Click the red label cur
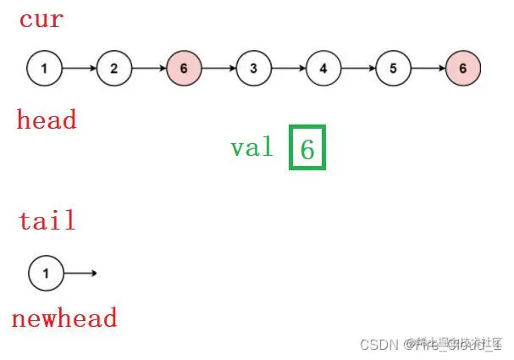click(x=41, y=19)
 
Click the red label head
click(x=47, y=120)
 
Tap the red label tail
click(x=47, y=221)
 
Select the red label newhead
click(x=64, y=318)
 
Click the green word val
click(x=252, y=148)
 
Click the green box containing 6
click(x=307, y=148)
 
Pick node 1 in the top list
click(x=44, y=69)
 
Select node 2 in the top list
click(x=114, y=69)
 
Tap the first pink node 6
click(x=184, y=69)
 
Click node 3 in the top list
click(x=253, y=69)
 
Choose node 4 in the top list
click(x=323, y=69)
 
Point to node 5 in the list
click(x=393, y=69)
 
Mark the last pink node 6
click(x=462, y=69)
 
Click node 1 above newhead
click(x=46, y=273)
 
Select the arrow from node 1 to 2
click(x=79, y=69)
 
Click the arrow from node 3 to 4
click(x=288, y=69)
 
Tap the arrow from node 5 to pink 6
click(x=428, y=69)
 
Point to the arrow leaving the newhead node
click(x=80, y=273)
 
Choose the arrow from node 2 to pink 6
click(x=149, y=69)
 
